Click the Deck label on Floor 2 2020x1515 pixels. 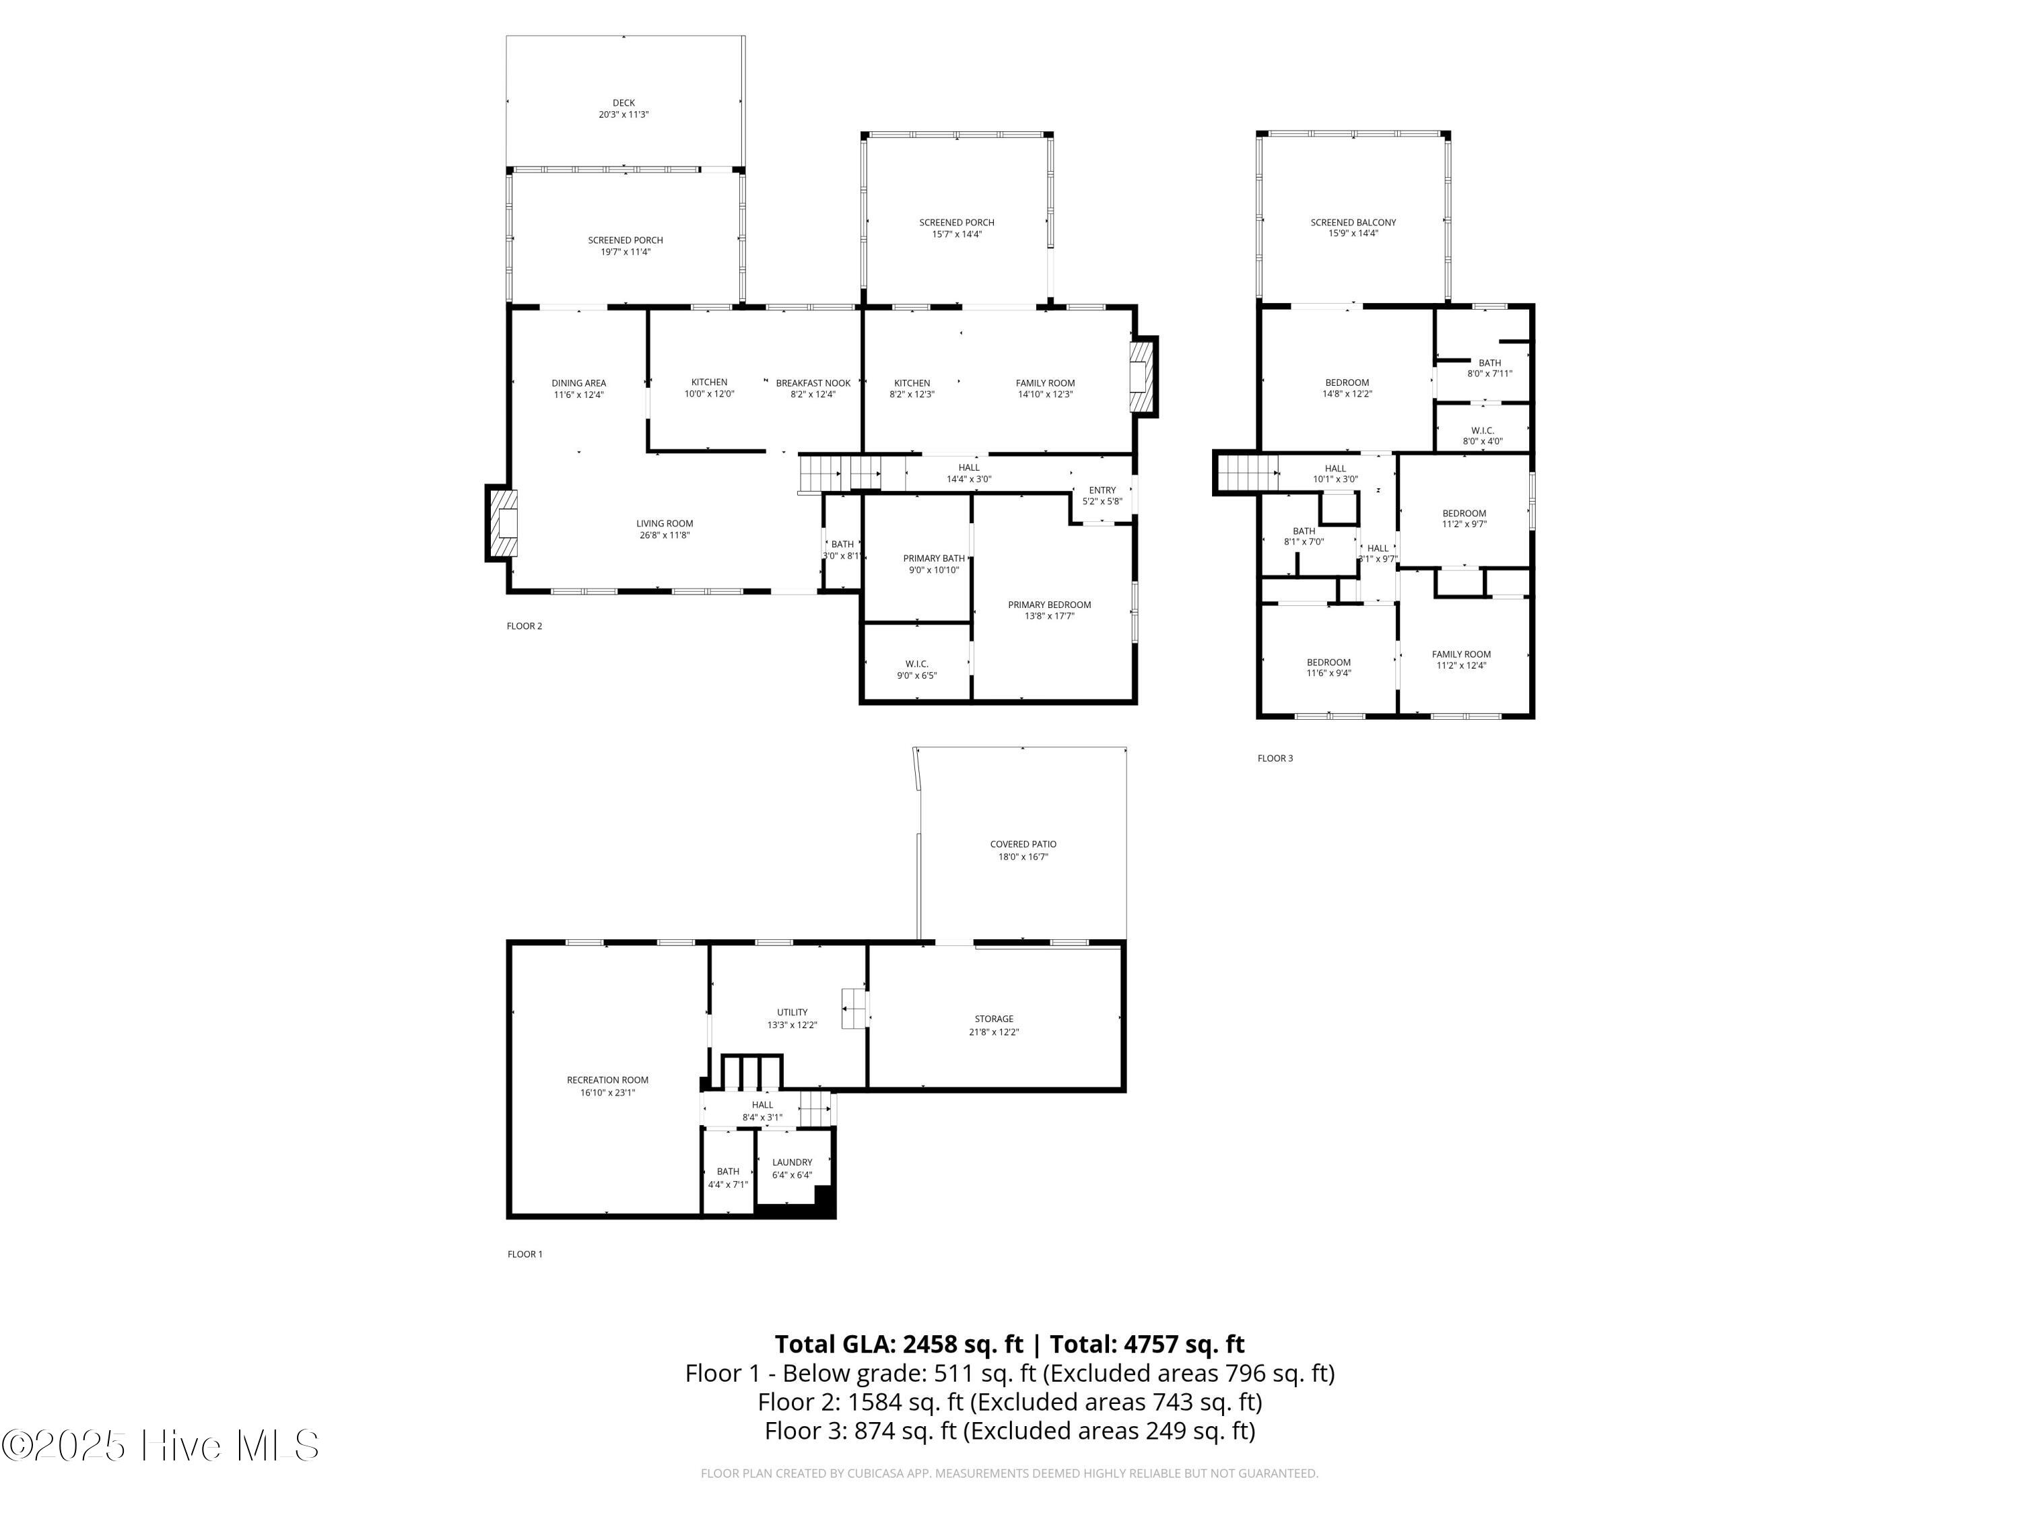(x=624, y=103)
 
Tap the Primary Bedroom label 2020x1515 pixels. (x=1049, y=605)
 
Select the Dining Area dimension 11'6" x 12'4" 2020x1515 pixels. (x=579, y=395)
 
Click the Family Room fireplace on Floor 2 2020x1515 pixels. (x=1143, y=378)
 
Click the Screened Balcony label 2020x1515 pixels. (x=1353, y=222)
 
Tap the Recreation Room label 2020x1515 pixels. (x=607, y=1080)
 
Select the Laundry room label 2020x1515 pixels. (x=792, y=1162)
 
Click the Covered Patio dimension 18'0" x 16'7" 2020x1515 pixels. (x=1023, y=856)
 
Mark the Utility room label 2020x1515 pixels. (x=792, y=1013)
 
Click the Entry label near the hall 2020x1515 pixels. (x=1102, y=490)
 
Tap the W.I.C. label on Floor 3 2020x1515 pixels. (x=1482, y=430)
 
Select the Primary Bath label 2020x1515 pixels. (x=933, y=558)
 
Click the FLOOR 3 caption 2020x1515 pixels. (x=1275, y=758)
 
